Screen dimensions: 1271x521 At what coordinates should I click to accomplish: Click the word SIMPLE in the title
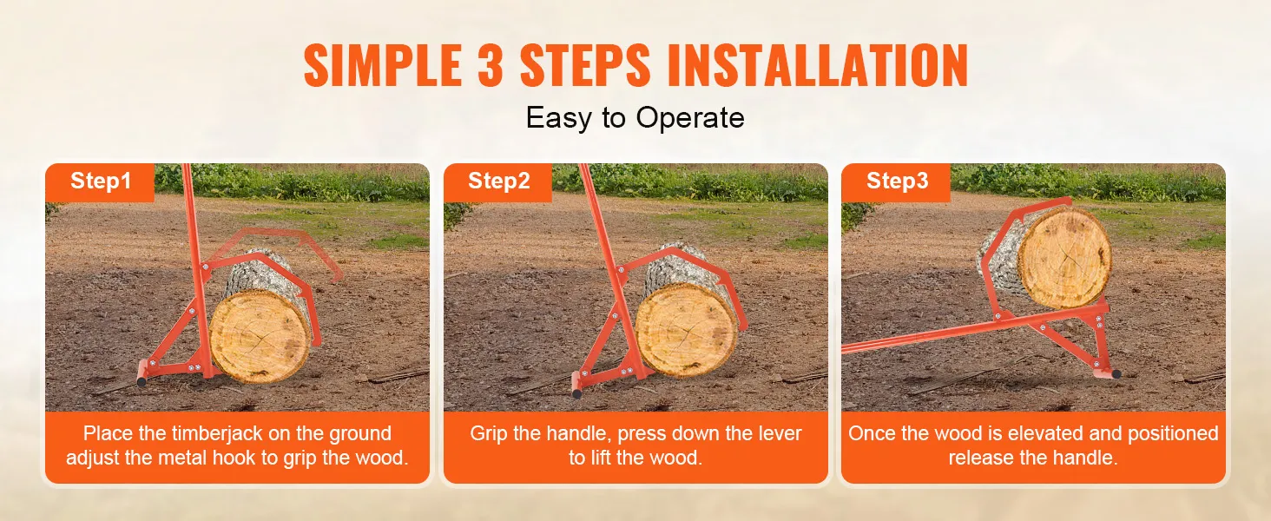[x=383, y=65]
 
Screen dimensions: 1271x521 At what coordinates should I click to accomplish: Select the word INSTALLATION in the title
[x=818, y=65]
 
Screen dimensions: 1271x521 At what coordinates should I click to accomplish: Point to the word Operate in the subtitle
[x=690, y=119]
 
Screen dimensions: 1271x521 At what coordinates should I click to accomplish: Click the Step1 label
[x=101, y=181]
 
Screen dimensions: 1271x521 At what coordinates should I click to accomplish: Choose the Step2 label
[x=498, y=181]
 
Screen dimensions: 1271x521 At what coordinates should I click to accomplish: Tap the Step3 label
[x=897, y=181]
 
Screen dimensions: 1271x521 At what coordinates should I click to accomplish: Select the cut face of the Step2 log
[x=686, y=330]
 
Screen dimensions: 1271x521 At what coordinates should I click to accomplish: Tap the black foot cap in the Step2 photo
[x=576, y=393]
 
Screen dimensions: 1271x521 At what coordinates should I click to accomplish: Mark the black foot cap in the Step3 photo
[x=1116, y=374]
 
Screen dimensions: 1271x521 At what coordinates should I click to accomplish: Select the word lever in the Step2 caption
[x=778, y=434]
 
